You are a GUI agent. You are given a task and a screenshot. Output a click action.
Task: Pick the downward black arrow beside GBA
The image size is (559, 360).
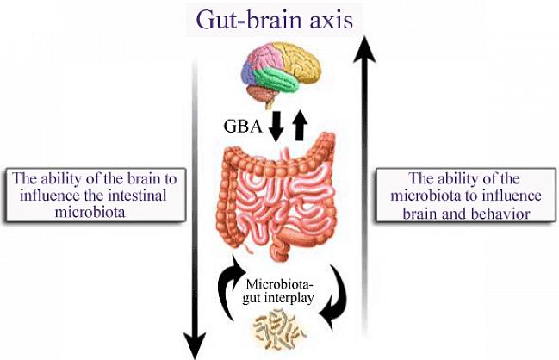(276, 127)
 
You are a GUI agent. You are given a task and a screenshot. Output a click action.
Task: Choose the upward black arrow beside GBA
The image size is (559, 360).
(300, 126)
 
